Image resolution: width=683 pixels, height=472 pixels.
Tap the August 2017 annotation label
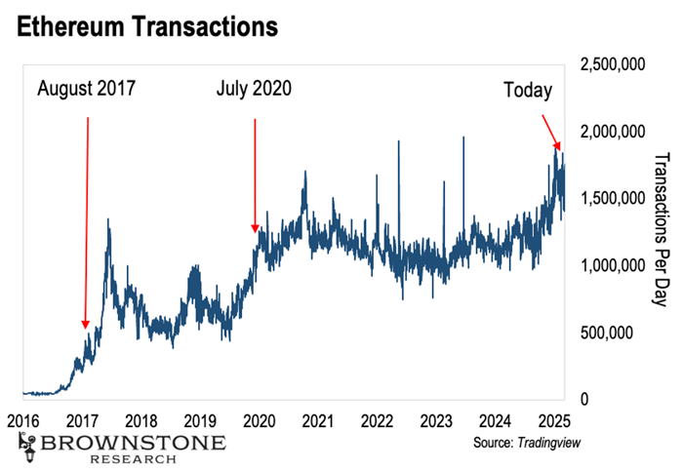coord(86,91)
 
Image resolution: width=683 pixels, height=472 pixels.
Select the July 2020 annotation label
coord(253,91)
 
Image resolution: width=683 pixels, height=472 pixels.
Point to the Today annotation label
coord(528,91)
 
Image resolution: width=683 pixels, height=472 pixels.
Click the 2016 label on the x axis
coord(23,421)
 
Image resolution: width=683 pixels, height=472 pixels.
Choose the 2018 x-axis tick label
coord(141,421)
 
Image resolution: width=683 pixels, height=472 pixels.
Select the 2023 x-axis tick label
coord(436,421)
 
